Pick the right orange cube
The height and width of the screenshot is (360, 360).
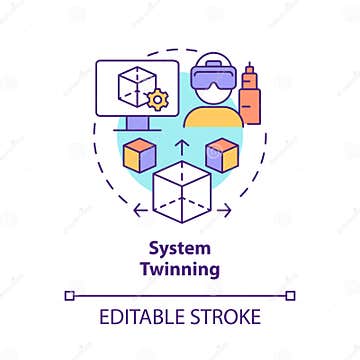click(x=221, y=152)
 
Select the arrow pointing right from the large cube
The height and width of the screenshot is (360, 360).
click(x=225, y=210)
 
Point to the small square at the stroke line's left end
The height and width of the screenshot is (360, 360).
click(x=69, y=294)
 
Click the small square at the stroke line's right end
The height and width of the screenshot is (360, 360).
click(x=290, y=294)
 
